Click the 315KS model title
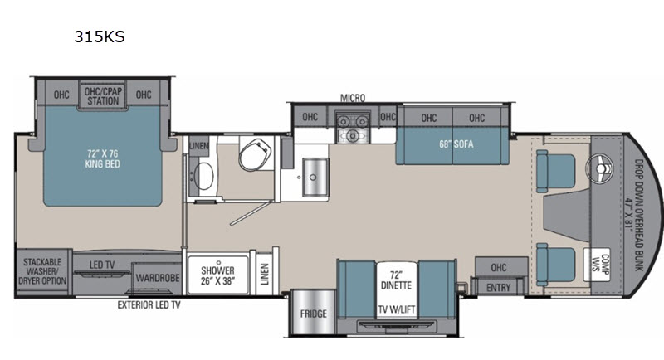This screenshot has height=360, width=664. [100, 36]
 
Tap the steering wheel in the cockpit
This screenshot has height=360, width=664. [600, 168]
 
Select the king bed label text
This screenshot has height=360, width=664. [102, 158]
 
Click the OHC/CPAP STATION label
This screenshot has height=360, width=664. [103, 96]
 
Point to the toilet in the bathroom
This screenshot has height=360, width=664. [256, 154]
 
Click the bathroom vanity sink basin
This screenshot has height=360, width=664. [203, 176]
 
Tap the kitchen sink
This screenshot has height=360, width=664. [315, 177]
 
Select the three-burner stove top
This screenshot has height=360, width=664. [352, 128]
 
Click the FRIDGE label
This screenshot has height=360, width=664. [314, 314]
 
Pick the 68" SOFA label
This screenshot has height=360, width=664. [456, 144]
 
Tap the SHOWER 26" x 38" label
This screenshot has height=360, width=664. [217, 275]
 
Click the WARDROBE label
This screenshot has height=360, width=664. [158, 278]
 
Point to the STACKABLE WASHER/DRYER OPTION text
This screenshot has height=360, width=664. [42, 271]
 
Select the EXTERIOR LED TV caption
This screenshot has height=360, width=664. [149, 304]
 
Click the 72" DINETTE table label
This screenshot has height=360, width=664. [396, 280]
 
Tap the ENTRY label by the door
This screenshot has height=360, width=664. [499, 288]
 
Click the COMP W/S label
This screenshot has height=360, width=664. [600, 264]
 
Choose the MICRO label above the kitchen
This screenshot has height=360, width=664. [353, 98]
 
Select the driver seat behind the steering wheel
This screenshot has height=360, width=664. [555, 172]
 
